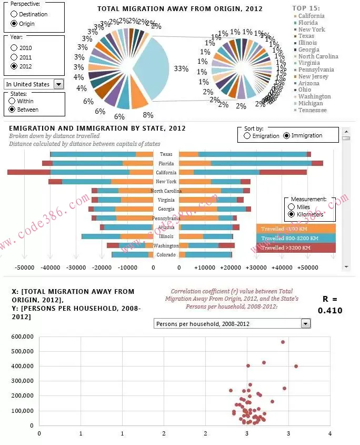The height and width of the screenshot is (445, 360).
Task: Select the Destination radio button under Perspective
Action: (x=14, y=14)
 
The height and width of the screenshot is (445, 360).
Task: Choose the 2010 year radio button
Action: (x=14, y=48)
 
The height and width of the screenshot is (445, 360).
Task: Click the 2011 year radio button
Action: (x=14, y=57)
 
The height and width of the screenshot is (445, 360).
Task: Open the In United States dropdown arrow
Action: (x=58, y=84)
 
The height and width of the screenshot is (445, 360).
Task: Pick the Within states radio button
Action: (x=13, y=101)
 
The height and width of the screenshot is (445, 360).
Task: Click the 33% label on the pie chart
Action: (x=181, y=68)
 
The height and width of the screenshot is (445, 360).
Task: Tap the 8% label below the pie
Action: (x=148, y=115)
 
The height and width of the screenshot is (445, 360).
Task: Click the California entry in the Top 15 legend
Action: (x=311, y=16)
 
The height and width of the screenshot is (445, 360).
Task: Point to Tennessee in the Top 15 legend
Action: (x=312, y=110)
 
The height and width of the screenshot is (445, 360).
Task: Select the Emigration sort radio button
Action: (x=247, y=135)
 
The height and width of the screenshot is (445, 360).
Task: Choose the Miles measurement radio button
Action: (x=292, y=207)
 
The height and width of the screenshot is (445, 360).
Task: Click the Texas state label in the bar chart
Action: (x=166, y=154)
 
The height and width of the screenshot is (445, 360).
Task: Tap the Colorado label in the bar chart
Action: (x=166, y=255)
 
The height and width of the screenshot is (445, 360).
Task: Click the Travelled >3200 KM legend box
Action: (x=296, y=248)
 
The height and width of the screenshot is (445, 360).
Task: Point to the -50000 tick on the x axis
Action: (x=24, y=268)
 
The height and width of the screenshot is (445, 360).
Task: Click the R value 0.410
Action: (x=330, y=311)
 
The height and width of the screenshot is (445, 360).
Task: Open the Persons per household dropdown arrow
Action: (x=306, y=324)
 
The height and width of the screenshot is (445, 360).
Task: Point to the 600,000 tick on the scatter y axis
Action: (x=22, y=337)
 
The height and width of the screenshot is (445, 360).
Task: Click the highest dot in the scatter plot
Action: (x=283, y=342)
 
